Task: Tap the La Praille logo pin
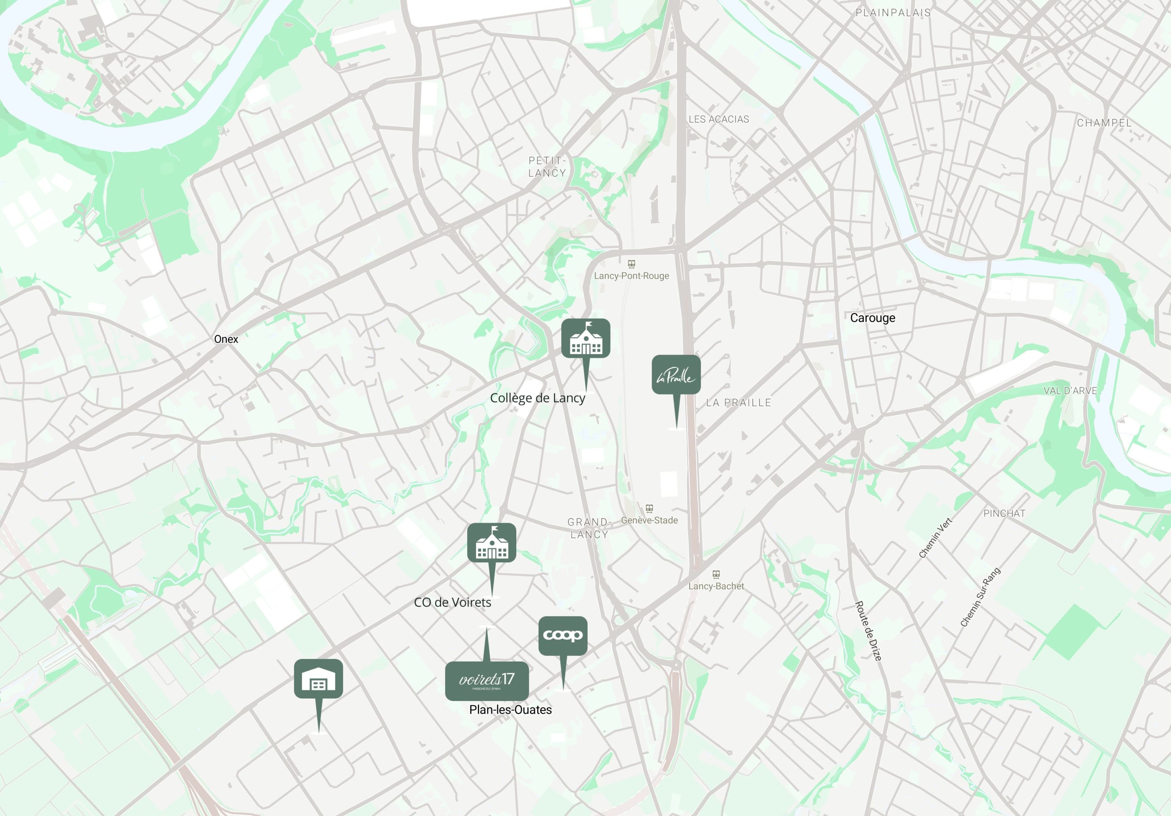(x=676, y=375)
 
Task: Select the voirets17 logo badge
(x=487, y=680)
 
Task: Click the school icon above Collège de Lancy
(x=585, y=338)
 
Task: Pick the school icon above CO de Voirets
(x=491, y=542)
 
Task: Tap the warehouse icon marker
(x=318, y=678)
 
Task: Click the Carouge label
(x=872, y=318)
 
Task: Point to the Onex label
(x=226, y=339)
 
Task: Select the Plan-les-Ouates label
(x=510, y=710)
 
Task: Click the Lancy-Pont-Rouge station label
(x=631, y=276)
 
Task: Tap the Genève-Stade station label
(x=649, y=520)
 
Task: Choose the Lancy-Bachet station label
(x=716, y=586)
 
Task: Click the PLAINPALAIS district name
(x=893, y=13)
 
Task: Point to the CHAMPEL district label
(x=1104, y=123)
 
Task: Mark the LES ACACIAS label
(x=718, y=119)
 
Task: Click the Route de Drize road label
(x=868, y=631)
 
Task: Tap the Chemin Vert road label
(x=935, y=538)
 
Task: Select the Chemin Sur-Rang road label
(x=980, y=597)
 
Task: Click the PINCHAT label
(x=1004, y=513)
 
